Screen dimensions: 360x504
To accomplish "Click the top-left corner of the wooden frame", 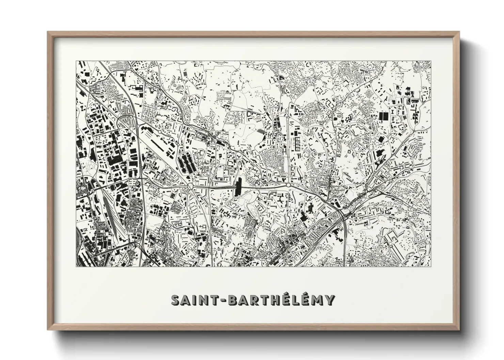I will [x=48, y=32].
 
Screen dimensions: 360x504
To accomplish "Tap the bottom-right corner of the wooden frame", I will [x=459, y=330].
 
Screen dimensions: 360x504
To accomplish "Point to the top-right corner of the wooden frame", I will [x=459, y=32].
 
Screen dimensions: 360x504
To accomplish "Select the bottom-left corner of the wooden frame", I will [x=48, y=330].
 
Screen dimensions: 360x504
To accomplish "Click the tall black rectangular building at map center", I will [x=238, y=187].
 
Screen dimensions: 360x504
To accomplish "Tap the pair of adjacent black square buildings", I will [x=383, y=116].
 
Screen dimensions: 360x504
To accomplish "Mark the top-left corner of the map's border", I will [x=76, y=61].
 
